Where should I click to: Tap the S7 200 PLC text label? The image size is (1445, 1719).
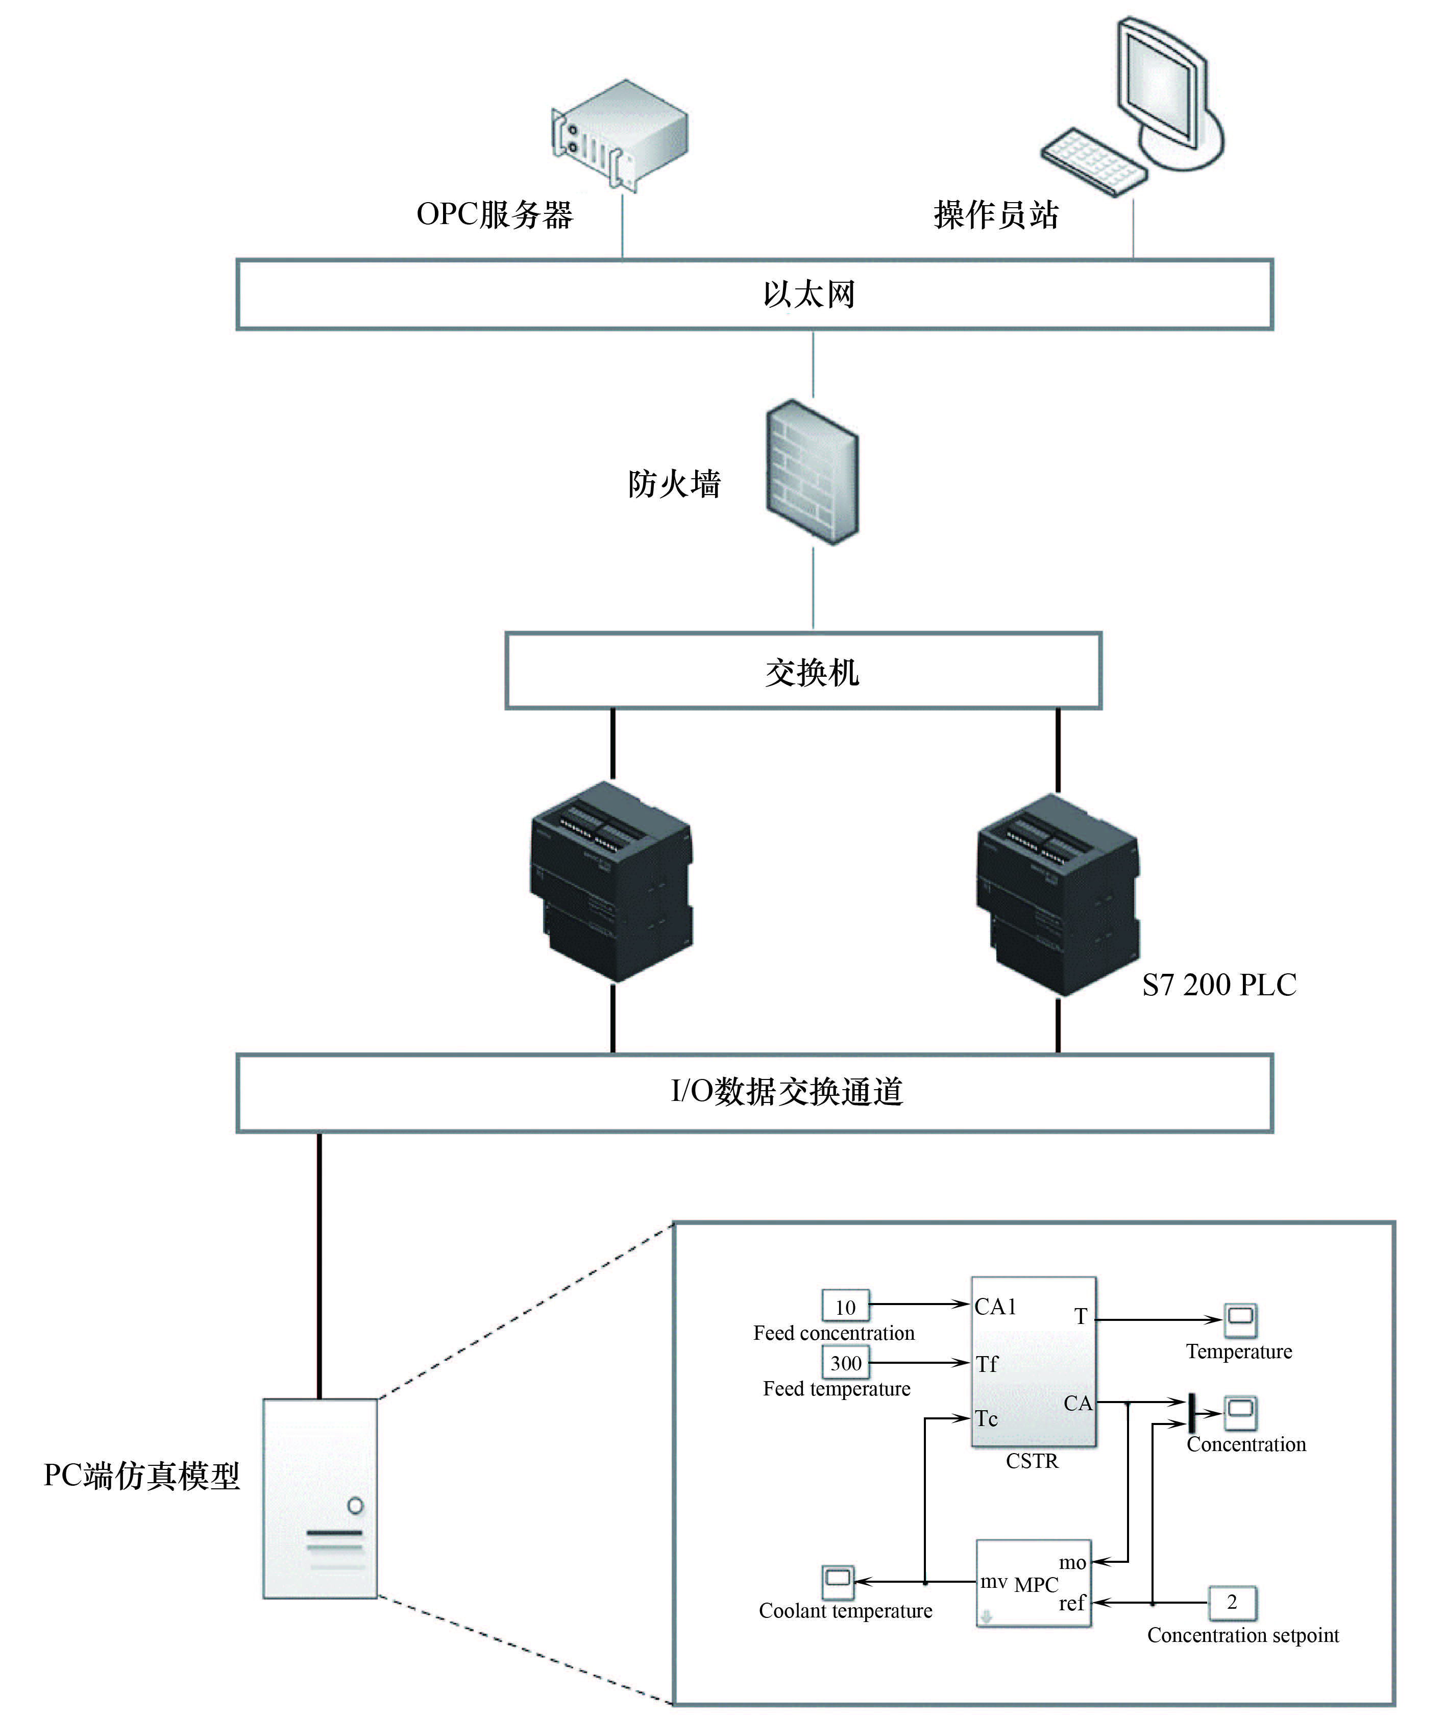(x=1219, y=985)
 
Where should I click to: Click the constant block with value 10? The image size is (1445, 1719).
(x=845, y=1307)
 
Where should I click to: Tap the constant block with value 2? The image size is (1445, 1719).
(x=1232, y=1602)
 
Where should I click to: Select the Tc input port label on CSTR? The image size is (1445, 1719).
(x=986, y=1418)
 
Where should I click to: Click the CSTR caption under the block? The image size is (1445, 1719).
(x=1032, y=1461)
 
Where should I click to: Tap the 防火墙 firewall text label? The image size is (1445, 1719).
(x=674, y=484)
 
